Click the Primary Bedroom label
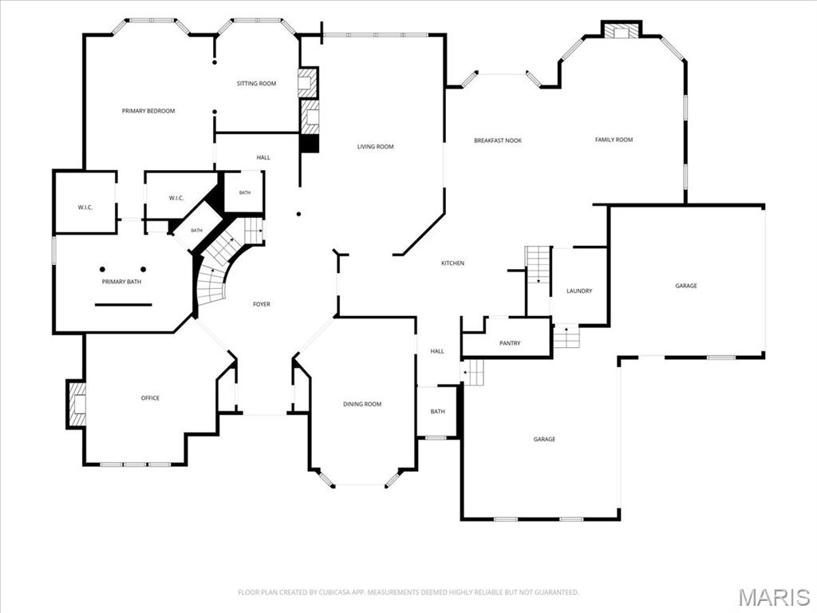click(148, 111)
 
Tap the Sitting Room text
click(256, 83)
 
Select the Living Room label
click(375, 147)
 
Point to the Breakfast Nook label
click(498, 140)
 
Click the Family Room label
click(614, 140)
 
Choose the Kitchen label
click(453, 263)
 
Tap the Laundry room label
click(579, 291)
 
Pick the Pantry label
click(510, 343)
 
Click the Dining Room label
click(362, 404)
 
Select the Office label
click(150, 397)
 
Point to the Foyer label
click(262, 304)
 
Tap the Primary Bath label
click(121, 282)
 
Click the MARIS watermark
click(775, 597)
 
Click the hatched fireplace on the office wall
click(77, 405)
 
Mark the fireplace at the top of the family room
click(622, 30)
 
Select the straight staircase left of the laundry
click(538, 265)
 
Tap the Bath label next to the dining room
click(438, 411)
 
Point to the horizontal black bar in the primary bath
click(123, 304)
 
